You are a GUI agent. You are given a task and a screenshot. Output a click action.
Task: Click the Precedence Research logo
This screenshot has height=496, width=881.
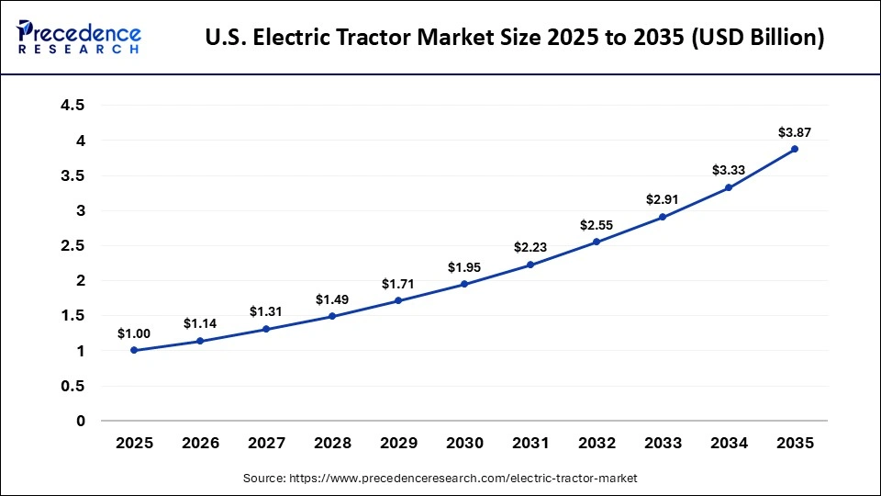pyautogui.click(x=79, y=38)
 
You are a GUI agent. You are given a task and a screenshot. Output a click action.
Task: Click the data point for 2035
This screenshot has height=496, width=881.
pyautogui.click(x=795, y=149)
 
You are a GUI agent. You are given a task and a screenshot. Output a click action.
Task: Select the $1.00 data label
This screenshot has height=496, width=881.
pyautogui.click(x=134, y=334)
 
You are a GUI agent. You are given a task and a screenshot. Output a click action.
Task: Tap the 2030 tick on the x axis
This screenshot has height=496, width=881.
pyautogui.click(x=464, y=443)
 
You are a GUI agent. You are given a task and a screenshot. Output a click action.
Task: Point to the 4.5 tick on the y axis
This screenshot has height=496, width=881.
pyautogui.click(x=72, y=106)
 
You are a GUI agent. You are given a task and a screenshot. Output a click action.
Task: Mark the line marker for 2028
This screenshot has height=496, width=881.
pyautogui.click(x=332, y=316)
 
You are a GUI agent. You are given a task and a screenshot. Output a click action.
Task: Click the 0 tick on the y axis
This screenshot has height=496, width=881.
pyautogui.click(x=80, y=421)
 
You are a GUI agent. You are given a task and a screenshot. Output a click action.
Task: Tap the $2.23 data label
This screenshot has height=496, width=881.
pyautogui.click(x=530, y=248)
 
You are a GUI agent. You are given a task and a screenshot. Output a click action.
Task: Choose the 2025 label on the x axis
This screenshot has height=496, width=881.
pyautogui.click(x=134, y=443)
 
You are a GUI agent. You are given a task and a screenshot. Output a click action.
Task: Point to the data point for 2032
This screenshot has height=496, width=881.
pyautogui.click(x=597, y=242)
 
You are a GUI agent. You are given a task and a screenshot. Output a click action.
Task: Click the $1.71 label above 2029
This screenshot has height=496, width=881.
pyautogui.click(x=398, y=285)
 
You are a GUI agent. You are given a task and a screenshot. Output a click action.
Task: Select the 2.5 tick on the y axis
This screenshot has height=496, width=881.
pyautogui.click(x=72, y=245)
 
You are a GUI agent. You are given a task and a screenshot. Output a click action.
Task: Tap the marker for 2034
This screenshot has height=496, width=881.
pyautogui.click(x=729, y=187)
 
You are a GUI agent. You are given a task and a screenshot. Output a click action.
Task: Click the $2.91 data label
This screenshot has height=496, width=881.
pyautogui.click(x=663, y=200)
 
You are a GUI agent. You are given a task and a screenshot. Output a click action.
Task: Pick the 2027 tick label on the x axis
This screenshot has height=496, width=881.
pyautogui.click(x=266, y=443)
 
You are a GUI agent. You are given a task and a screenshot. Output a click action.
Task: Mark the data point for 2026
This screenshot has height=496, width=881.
pyautogui.click(x=200, y=341)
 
